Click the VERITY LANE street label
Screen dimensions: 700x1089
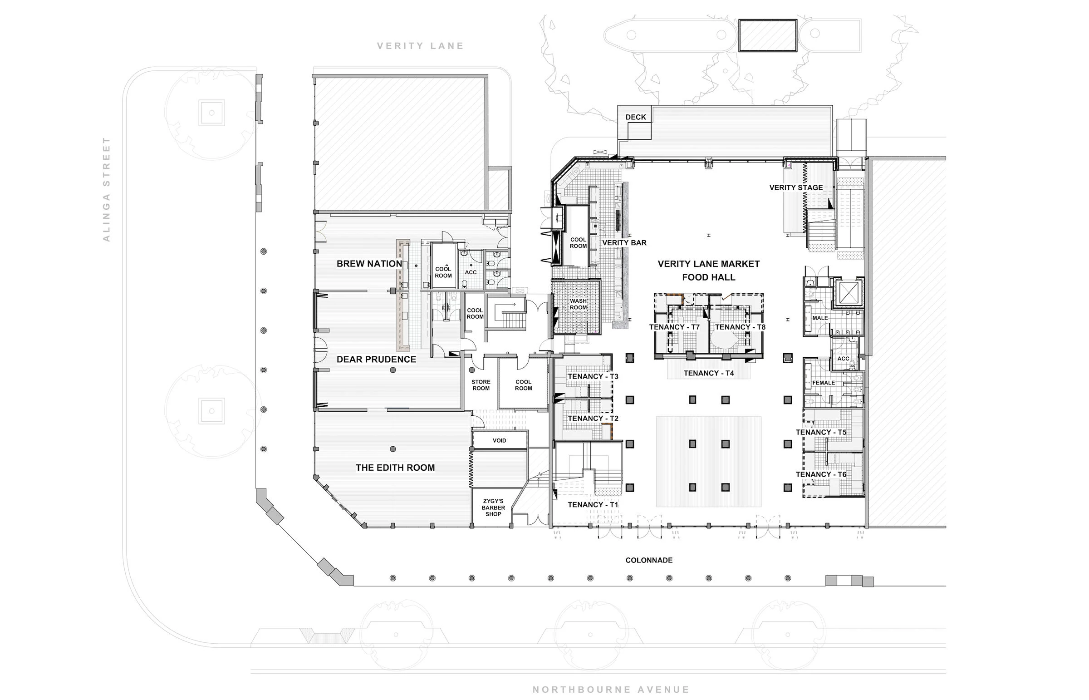[x=420, y=46]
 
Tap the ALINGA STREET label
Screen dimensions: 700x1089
[x=106, y=189]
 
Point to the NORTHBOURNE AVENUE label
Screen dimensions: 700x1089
[x=611, y=690]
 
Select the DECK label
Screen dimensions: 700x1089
[x=635, y=117]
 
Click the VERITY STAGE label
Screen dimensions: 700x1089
[x=795, y=187]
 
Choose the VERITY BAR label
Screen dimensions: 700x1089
[x=624, y=243]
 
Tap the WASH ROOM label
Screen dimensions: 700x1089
[x=578, y=304]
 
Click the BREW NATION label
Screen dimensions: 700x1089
[x=369, y=264]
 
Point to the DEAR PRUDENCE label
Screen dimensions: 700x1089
[x=376, y=359]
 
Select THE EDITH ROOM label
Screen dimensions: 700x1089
[x=395, y=467]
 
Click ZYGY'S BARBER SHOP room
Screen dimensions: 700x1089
[x=493, y=508]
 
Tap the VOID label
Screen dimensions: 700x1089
[x=499, y=440]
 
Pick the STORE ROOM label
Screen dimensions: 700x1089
[x=481, y=385]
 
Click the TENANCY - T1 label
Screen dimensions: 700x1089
[x=593, y=504]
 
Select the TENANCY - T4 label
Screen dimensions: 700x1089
[x=708, y=373]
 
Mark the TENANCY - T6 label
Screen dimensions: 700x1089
[x=820, y=474]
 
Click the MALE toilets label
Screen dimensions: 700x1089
[x=819, y=318]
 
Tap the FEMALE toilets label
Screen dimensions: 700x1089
[x=823, y=383]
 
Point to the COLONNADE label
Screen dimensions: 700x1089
[x=648, y=560]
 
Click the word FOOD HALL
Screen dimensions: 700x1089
[x=708, y=277]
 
